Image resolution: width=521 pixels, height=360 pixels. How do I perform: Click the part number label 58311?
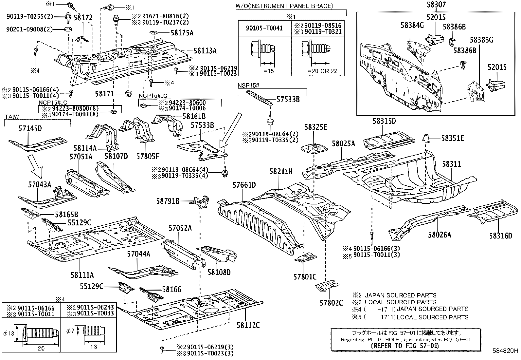[x=452, y=164]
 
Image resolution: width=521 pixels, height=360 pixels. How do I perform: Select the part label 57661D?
[x=244, y=185]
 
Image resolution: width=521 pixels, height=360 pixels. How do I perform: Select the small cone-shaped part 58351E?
[x=426, y=139]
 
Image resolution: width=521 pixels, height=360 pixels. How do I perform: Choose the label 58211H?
[x=281, y=171]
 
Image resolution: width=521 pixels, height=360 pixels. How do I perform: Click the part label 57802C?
[x=332, y=302]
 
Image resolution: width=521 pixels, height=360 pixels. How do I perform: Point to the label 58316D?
[x=500, y=235]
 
